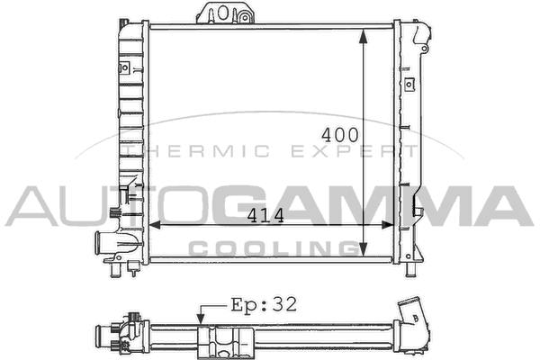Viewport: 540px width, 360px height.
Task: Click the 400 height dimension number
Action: [340, 135]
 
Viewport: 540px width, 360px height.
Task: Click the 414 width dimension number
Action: [265, 216]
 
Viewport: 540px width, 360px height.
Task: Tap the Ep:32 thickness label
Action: [264, 304]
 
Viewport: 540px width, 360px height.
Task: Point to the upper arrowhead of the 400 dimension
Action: [363, 37]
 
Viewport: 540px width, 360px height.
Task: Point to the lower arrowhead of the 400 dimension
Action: [363, 249]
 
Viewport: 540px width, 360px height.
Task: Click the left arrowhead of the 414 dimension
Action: [156, 225]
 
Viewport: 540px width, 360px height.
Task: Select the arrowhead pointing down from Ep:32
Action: [201, 319]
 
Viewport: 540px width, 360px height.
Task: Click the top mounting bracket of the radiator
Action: [225, 13]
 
